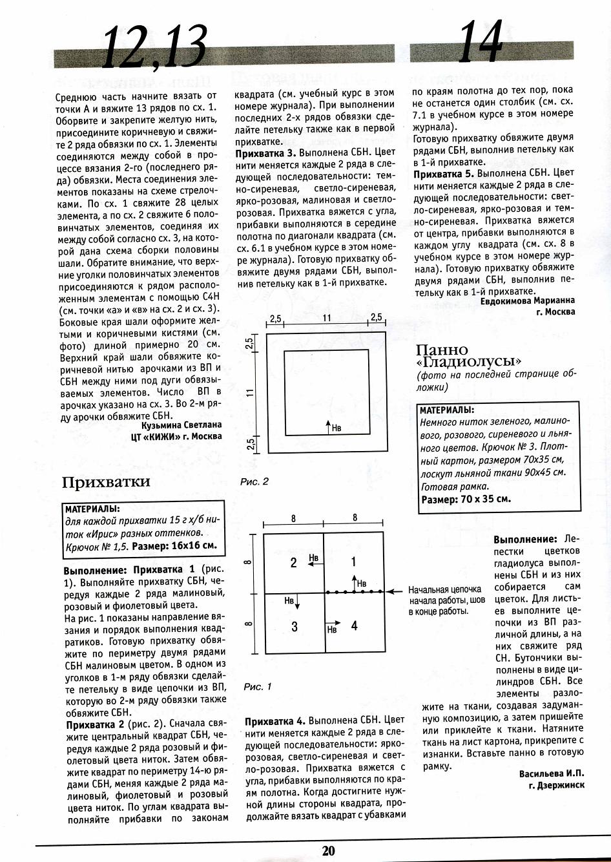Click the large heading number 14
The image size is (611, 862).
pyautogui.click(x=481, y=42)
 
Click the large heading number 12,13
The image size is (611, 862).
pyautogui.click(x=154, y=47)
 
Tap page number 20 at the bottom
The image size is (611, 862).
pyautogui.click(x=329, y=850)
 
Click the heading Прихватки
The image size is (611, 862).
pyautogui.click(x=106, y=481)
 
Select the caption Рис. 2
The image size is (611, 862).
pyautogui.click(x=254, y=481)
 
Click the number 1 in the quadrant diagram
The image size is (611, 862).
pyautogui.click(x=353, y=562)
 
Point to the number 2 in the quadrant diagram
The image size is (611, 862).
pyautogui.click(x=293, y=563)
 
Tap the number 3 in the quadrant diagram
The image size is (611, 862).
pyautogui.click(x=294, y=627)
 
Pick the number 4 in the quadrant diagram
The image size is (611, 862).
pyautogui.click(x=354, y=625)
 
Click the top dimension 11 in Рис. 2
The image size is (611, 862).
pyautogui.click(x=327, y=318)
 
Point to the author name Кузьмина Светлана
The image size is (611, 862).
pyautogui.click(x=181, y=425)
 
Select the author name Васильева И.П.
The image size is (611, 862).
pyautogui.click(x=552, y=773)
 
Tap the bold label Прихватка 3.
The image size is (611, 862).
pyautogui.click(x=265, y=153)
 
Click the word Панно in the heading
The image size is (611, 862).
pyautogui.click(x=443, y=349)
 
